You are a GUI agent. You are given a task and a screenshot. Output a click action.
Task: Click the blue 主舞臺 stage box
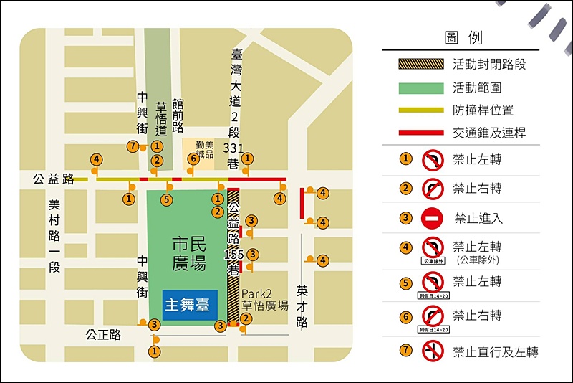pos(188,304)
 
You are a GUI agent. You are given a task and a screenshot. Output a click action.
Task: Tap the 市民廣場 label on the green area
pos(189,254)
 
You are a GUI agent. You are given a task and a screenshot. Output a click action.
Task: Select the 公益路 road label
pos(53,179)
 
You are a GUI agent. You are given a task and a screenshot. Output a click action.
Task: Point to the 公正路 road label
pos(103,334)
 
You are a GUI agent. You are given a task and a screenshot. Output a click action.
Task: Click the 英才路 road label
pos(302,307)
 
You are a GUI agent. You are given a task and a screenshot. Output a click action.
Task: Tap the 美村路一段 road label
pos(54,235)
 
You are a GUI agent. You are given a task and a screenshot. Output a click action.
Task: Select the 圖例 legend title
pos(463,37)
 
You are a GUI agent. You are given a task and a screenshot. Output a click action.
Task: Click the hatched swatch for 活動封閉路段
pos(420,64)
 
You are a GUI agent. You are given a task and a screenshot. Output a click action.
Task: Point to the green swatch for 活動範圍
pos(420,88)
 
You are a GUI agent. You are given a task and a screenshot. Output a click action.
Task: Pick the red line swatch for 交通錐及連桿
pos(420,133)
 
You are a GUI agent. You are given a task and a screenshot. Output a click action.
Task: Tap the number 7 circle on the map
pos(132,146)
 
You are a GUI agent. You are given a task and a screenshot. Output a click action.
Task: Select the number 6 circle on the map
pos(193,159)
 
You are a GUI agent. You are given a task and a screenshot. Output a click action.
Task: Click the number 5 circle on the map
pos(167,199)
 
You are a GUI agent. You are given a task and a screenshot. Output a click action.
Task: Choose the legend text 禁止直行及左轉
pos(495,351)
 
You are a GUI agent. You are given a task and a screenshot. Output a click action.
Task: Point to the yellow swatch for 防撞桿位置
pos(420,110)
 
